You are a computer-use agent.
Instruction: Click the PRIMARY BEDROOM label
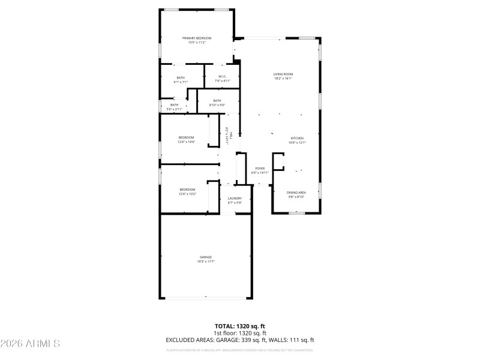(x=196, y=38)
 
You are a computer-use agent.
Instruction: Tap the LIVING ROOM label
(x=283, y=74)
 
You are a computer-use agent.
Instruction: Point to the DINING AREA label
(x=296, y=192)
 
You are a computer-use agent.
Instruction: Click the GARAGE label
(x=206, y=257)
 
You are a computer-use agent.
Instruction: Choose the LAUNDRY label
(x=235, y=199)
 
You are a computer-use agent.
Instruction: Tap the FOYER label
(x=260, y=169)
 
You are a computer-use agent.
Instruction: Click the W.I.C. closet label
(x=222, y=77)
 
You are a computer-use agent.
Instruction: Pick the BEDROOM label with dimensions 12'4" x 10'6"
(x=186, y=138)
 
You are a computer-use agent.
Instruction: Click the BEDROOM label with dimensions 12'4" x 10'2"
(x=187, y=190)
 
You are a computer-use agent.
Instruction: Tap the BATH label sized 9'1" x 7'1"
(x=181, y=77)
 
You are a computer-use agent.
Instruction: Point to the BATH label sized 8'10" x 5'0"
(x=217, y=101)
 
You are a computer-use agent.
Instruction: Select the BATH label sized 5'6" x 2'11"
(x=174, y=105)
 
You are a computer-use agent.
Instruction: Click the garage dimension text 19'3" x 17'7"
(x=206, y=262)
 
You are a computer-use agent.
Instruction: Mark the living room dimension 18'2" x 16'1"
(x=283, y=79)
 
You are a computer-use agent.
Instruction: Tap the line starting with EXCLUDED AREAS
(x=240, y=340)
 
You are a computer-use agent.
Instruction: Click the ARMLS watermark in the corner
(x=30, y=344)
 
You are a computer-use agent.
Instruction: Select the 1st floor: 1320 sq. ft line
(x=240, y=333)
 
